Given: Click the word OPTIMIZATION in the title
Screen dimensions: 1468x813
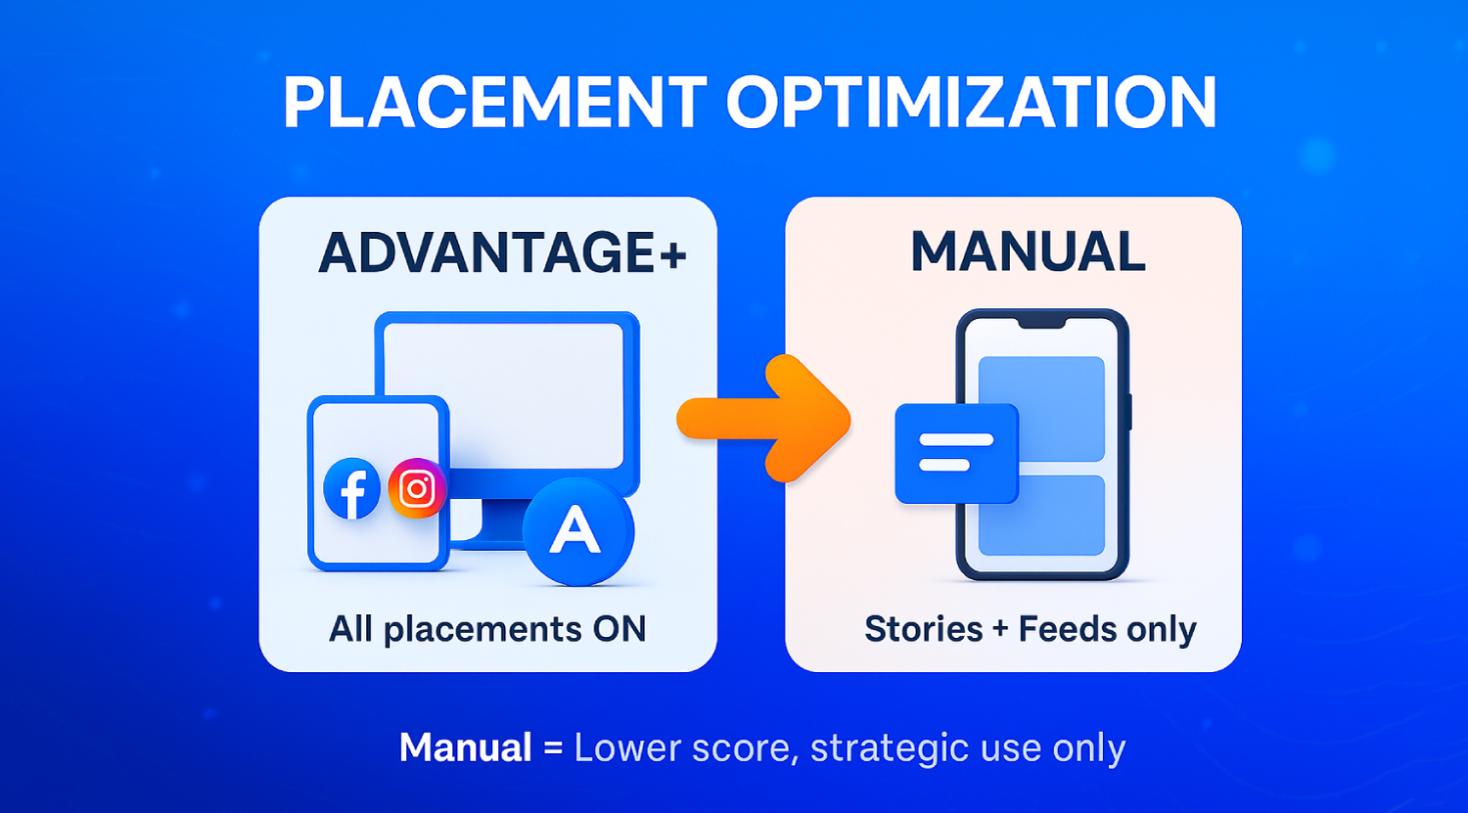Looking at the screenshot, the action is (971, 102).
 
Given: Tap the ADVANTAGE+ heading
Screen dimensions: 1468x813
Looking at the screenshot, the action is (502, 252).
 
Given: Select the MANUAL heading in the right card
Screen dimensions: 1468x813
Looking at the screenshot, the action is (1028, 251).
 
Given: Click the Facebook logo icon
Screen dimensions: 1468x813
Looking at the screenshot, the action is (352, 489).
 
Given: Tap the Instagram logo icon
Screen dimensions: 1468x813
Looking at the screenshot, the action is (417, 488).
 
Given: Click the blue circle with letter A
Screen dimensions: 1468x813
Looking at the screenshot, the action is (578, 531).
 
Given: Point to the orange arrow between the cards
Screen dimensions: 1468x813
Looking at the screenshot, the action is (764, 420).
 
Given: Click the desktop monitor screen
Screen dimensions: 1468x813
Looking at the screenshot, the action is (503, 395).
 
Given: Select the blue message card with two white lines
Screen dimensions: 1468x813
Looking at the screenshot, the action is (957, 453).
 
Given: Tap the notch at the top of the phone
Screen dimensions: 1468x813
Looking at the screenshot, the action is (1041, 324).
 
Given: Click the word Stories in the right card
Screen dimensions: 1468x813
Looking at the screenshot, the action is (924, 629).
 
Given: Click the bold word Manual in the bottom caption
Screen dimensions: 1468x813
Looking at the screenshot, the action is (465, 747).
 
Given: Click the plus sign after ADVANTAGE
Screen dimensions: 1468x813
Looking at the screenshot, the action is (673, 254).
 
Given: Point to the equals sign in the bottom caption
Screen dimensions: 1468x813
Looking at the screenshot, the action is (553, 748).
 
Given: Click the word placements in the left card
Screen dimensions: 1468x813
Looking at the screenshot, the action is (483, 630).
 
